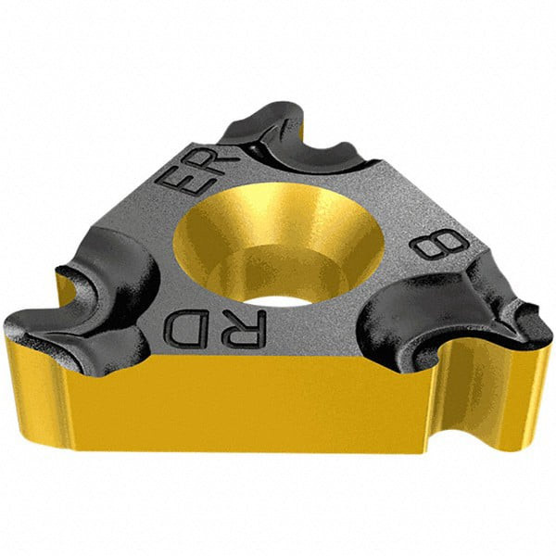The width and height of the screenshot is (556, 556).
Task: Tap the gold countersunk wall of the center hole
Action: (241, 232)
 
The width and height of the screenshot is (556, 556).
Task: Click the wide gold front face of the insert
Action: (278, 408)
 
